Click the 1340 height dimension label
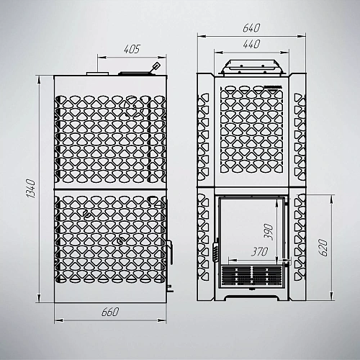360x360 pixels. (x=32, y=189)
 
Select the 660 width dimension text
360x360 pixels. (x=110, y=312)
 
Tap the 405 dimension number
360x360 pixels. (x=132, y=49)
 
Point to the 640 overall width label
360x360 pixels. (x=251, y=28)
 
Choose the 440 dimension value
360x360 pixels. (x=251, y=44)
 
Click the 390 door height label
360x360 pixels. (x=269, y=232)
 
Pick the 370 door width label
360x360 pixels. (x=259, y=251)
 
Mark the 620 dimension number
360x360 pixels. (x=323, y=248)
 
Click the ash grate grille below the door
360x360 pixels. (x=251, y=275)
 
